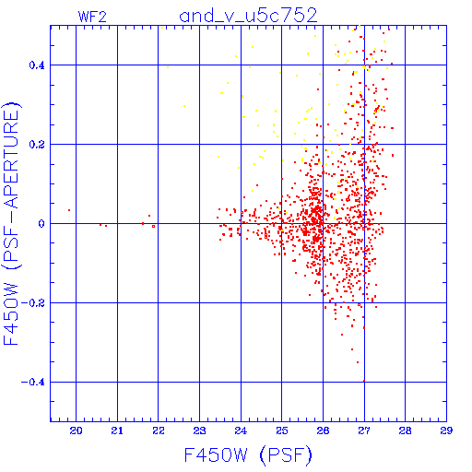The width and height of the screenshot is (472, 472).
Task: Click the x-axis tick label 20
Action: [x=76, y=431]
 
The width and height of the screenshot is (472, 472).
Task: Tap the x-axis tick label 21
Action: [x=117, y=431]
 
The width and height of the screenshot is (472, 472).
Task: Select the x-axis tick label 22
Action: [x=159, y=431]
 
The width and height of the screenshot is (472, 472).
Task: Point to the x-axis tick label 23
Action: [x=199, y=431]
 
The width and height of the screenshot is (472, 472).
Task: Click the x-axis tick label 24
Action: [x=241, y=431]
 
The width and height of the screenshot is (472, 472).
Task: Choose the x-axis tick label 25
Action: [x=282, y=431]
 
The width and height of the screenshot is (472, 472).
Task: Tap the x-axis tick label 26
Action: [x=323, y=431]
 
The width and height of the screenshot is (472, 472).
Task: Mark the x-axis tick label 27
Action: [x=364, y=431]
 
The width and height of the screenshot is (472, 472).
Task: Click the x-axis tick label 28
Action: [x=405, y=431]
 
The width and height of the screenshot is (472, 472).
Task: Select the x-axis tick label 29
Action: [x=446, y=431]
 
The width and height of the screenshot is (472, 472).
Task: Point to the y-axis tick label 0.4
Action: [x=37, y=65]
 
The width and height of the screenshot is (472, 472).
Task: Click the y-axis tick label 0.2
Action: [x=37, y=145]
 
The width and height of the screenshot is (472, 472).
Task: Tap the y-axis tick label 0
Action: [x=41, y=224]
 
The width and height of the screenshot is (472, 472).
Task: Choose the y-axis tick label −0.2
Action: [x=33, y=303]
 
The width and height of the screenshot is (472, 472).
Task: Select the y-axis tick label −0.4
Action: [x=33, y=383]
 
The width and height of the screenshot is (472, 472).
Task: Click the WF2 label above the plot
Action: [x=92, y=17]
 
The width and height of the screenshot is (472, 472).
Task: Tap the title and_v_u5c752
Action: [x=248, y=16]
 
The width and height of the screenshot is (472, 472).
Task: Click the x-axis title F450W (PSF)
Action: [x=248, y=455]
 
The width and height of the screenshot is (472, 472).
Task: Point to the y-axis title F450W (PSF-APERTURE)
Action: [x=11, y=224]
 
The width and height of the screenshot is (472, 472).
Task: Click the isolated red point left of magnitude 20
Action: [x=69, y=210]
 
